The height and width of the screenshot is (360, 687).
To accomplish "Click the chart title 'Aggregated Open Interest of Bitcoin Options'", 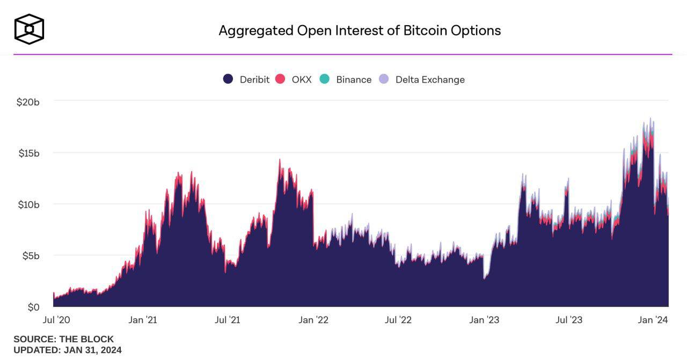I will [360, 31].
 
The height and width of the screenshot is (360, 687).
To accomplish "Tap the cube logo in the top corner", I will [29, 29].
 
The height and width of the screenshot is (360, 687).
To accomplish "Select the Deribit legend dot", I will [228, 79].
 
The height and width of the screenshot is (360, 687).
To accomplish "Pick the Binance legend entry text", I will [354, 79].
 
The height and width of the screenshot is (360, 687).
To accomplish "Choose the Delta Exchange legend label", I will [430, 79].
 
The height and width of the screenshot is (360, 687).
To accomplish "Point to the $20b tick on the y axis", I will [28, 101].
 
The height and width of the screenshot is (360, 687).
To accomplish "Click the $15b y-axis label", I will [28, 153].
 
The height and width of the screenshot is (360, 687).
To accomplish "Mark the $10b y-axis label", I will [28, 204].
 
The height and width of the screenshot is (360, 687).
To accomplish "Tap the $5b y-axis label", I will [31, 256].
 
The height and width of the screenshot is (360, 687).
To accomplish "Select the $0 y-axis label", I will [34, 307].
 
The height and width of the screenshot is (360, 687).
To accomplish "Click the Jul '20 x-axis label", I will [56, 320].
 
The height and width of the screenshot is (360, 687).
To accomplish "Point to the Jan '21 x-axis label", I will [143, 320].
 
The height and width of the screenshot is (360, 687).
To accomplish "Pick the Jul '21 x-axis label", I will [228, 320].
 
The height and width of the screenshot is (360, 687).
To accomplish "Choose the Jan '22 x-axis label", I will [313, 320].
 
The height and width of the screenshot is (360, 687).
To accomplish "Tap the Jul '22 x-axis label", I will [398, 320].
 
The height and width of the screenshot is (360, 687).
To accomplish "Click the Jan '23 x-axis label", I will [484, 320].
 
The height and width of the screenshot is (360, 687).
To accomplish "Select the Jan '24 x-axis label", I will [653, 320].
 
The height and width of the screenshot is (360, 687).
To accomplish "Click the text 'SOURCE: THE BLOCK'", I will [63, 339].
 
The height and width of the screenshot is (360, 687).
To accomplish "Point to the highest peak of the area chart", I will [651, 119].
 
